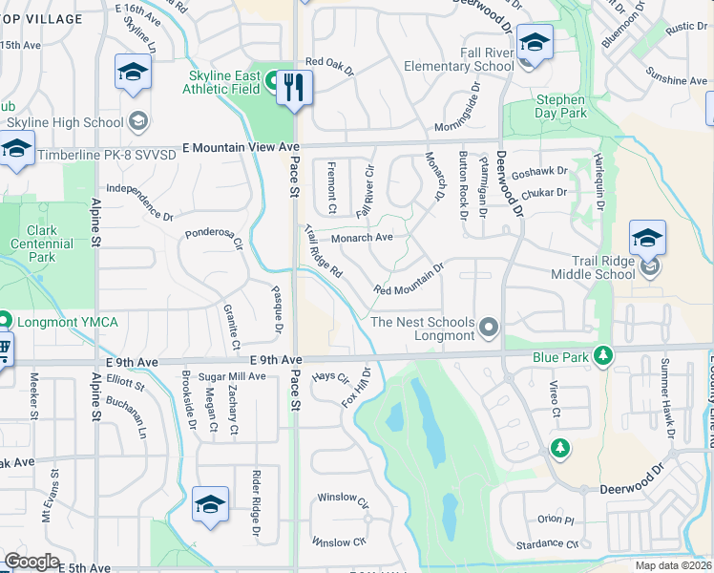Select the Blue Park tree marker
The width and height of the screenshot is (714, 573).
click(602, 356)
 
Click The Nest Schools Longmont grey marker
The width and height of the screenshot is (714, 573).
click(489, 329)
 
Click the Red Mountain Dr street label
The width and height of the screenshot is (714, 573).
click(409, 279)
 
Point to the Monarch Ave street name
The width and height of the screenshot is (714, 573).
click(362, 238)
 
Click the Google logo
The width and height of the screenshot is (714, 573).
click(32, 562)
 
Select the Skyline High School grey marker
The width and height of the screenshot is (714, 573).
click(138, 120)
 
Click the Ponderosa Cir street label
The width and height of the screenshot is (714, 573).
click(215, 236)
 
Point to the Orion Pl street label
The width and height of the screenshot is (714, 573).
click(556, 520)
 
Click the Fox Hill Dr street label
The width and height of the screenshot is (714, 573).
click(356, 386)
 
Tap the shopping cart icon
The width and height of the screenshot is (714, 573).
click(5, 350)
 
